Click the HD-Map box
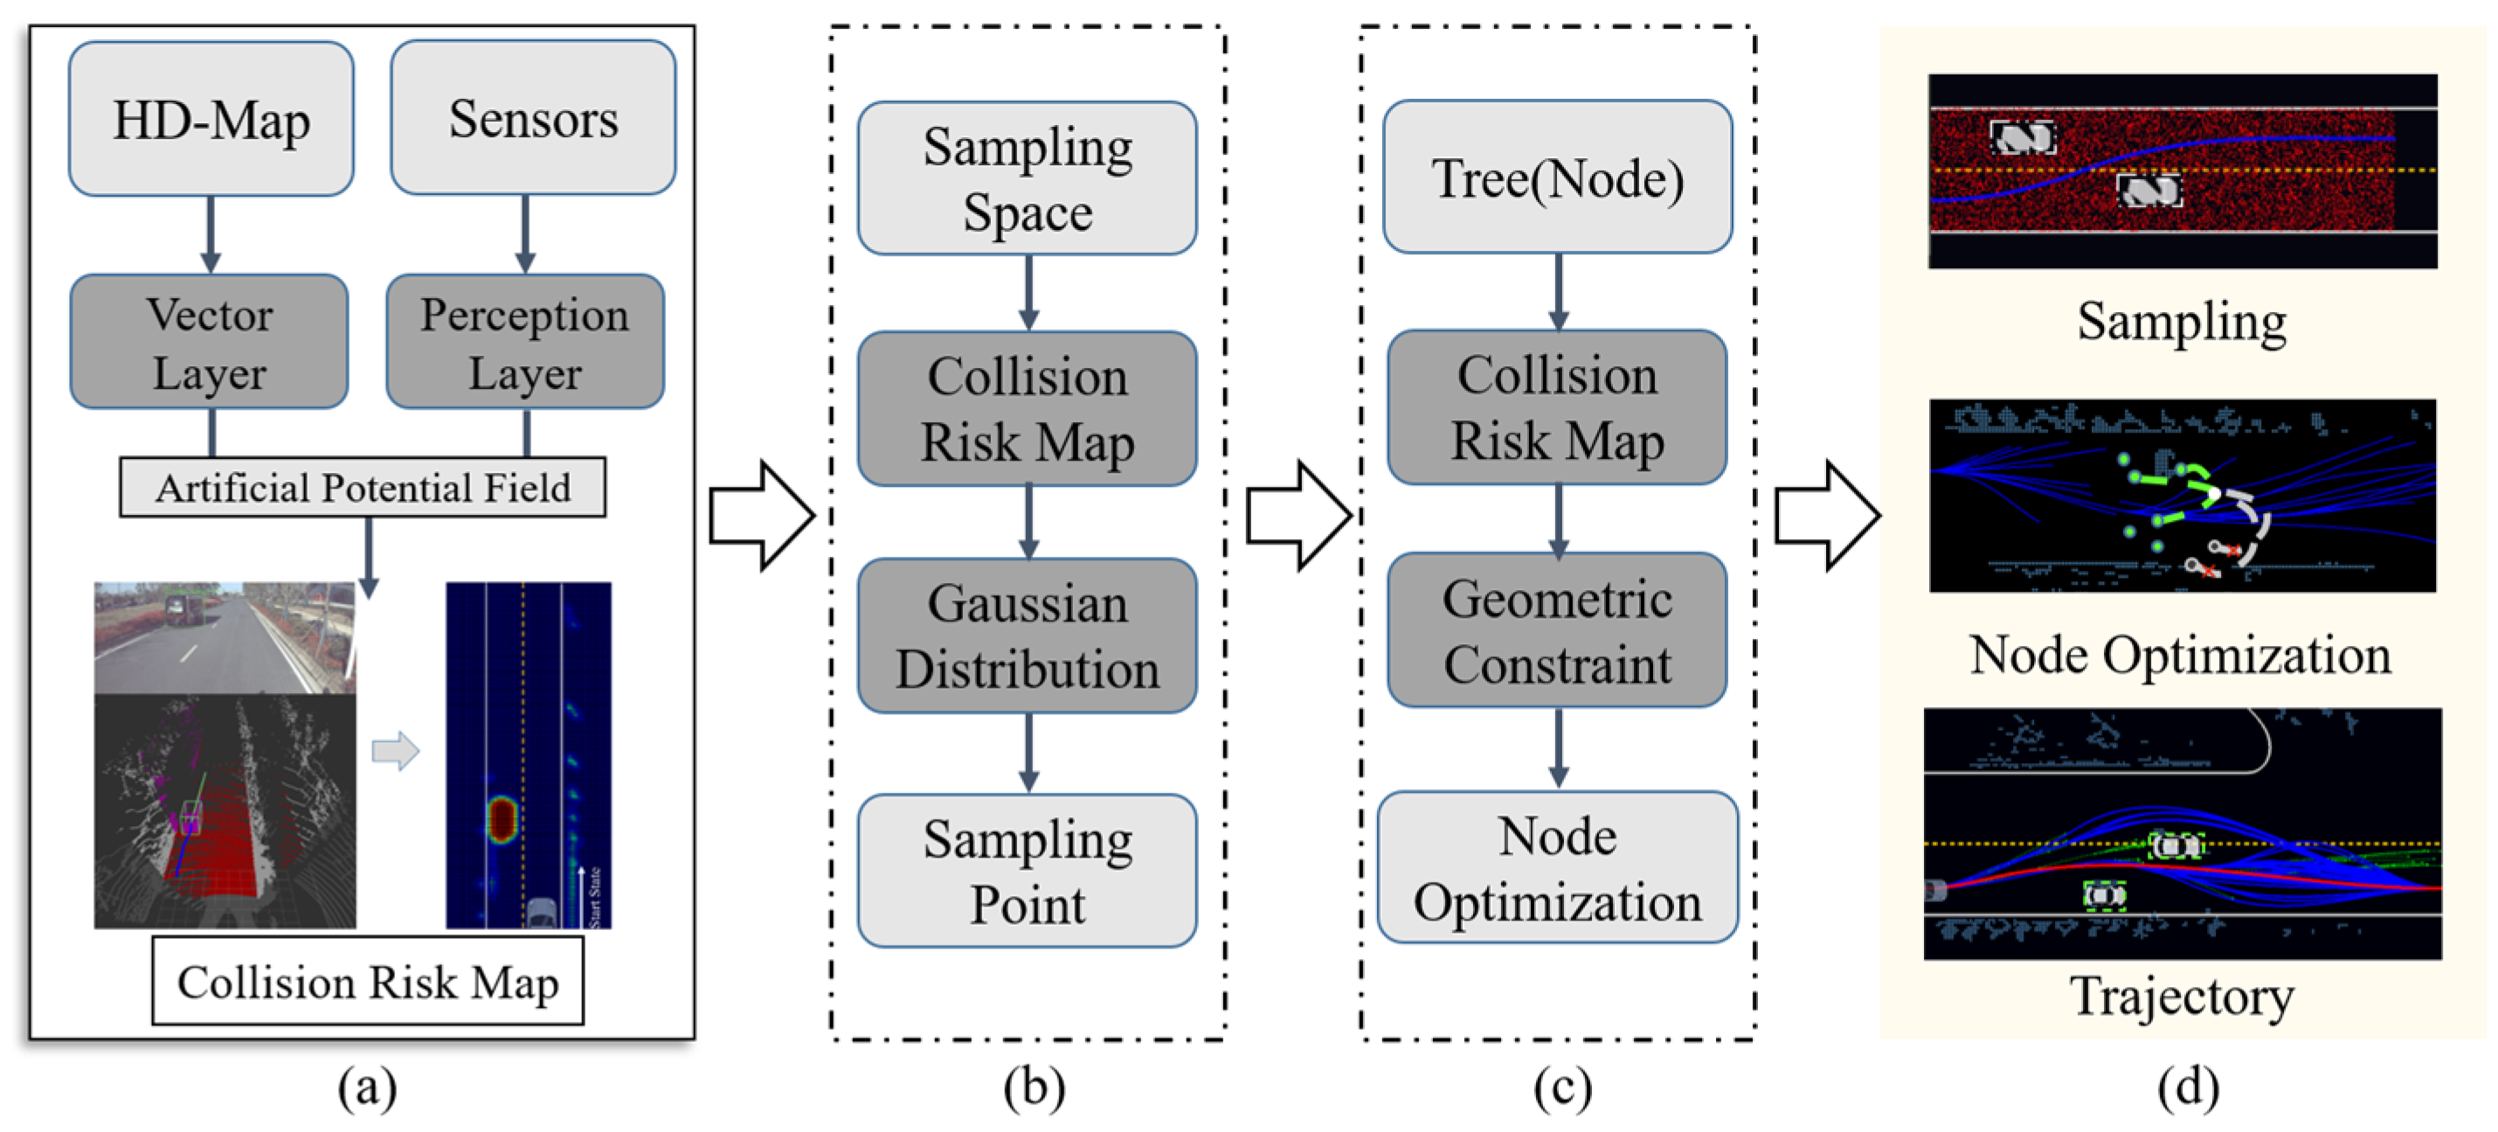[211, 119]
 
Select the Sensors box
[532, 118]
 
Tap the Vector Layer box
[209, 343]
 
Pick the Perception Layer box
[524, 343]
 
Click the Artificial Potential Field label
[363, 488]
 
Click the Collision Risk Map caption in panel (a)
[368, 982]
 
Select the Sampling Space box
[1027, 178]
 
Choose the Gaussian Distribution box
[1027, 635]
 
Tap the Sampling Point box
[1027, 870]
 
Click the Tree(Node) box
[1557, 177]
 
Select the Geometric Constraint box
[1557, 630]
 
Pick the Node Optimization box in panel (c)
[1557, 868]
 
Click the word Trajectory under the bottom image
[2182, 996]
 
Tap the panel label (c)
[1561, 1087]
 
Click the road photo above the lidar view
[224, 637]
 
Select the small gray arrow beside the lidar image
[396, 750]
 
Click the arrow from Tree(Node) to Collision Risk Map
[1557, 292]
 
